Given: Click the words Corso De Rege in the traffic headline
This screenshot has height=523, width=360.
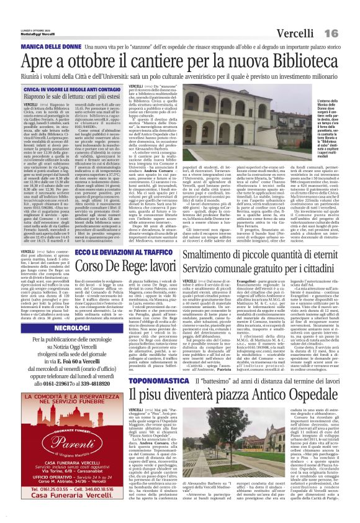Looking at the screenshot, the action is coord(145,268).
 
